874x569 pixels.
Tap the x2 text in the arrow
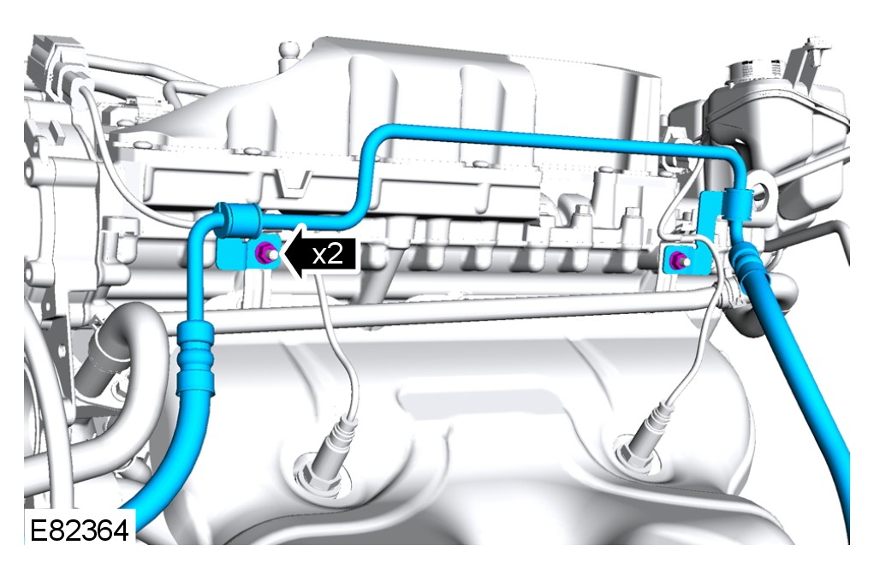point(327,254)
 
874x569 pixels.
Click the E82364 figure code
point(79,530)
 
